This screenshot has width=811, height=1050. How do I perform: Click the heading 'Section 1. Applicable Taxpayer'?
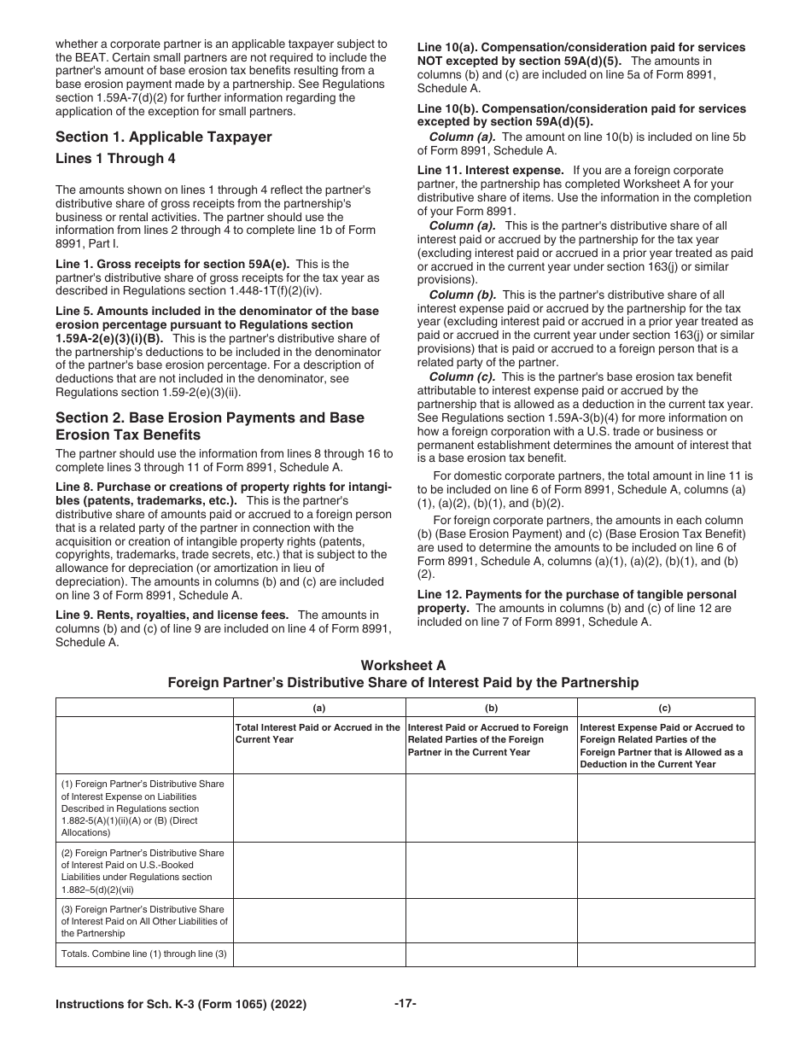pos(163,137)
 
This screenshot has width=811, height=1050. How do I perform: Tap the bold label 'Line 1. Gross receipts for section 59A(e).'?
pos(173,265)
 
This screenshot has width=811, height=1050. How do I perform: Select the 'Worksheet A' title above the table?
pos(403,666)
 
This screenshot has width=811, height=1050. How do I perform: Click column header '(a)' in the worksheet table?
pos(318,708)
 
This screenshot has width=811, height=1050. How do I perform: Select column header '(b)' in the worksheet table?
pos(491,708)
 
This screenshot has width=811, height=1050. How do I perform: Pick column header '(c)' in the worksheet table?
pos(665,708)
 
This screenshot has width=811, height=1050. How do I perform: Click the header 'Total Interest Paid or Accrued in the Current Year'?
pos(318,733)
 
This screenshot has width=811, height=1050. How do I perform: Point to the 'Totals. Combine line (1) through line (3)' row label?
pos(143,954)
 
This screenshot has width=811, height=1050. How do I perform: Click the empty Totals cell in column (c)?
pos(665,954)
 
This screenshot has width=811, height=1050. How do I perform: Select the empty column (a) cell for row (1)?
pos(318,808)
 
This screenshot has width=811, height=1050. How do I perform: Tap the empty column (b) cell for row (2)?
pos(491,870)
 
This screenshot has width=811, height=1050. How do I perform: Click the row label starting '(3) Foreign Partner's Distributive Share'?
pos(143,920)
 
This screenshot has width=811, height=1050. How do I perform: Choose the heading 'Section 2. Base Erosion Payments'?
pos(210,418)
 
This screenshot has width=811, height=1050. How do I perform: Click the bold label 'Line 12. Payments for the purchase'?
pos(576,594)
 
